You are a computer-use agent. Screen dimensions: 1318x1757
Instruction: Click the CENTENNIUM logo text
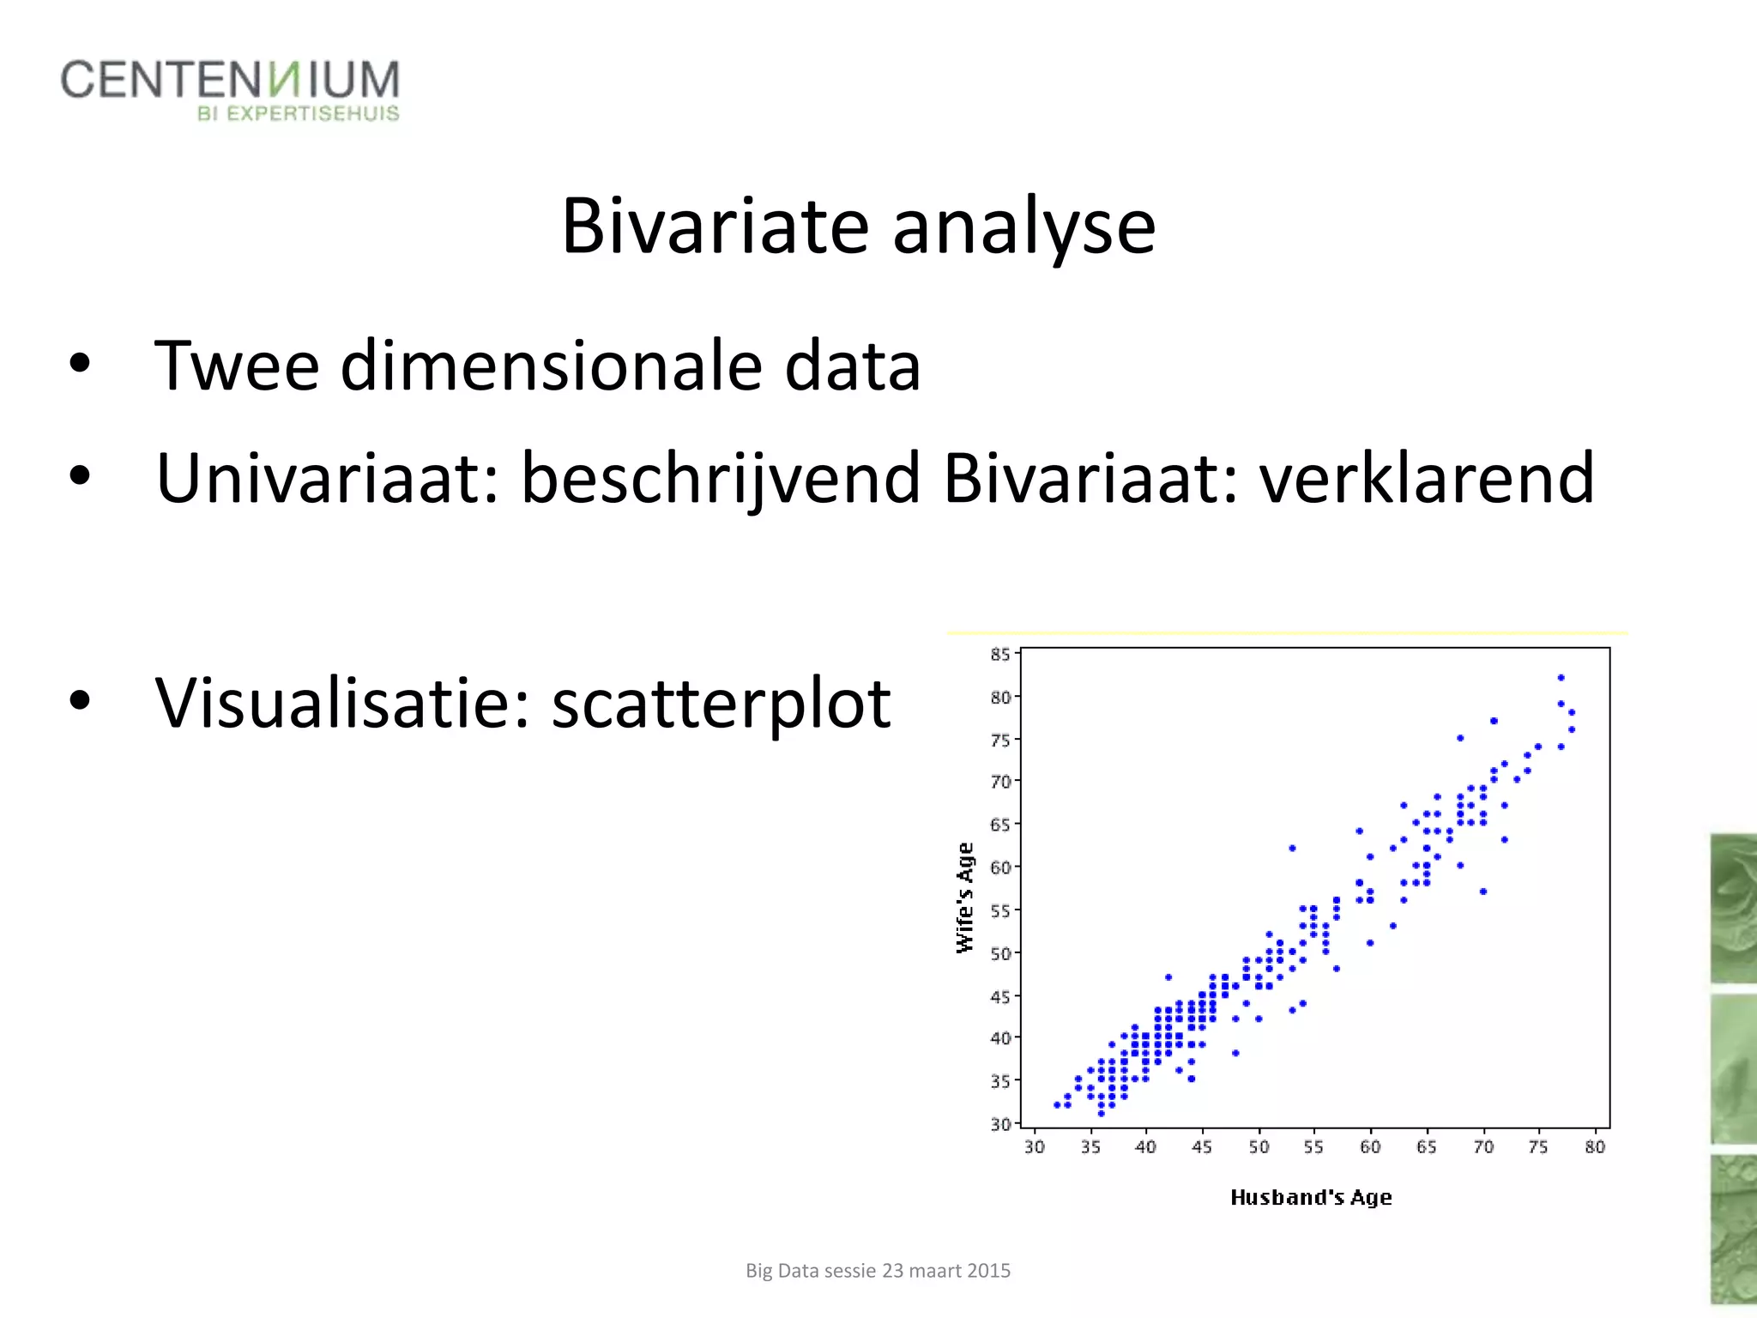[230, 80]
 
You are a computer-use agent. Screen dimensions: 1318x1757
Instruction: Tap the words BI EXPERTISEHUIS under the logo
[298, 114]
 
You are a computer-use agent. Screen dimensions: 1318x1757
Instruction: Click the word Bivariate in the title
[715, 227]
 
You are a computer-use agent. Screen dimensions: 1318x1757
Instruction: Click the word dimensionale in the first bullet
[552, 366]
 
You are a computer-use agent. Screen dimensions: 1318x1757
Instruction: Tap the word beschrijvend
[721, 478]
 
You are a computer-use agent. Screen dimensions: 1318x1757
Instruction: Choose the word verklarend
[1426, 478]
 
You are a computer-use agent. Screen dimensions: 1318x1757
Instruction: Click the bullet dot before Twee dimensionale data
[80, 364]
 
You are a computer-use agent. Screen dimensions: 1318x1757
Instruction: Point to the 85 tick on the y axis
[1000, 655]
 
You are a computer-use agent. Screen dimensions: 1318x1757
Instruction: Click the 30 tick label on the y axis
[1000, 1124]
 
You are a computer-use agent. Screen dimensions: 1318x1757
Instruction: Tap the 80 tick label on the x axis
[1595, 1147]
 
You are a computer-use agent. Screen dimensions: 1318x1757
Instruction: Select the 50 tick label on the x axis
[1259, 1147]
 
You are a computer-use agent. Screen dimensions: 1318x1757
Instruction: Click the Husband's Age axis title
[1311, 1198]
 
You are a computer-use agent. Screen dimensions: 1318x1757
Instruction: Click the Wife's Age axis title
[965, 898]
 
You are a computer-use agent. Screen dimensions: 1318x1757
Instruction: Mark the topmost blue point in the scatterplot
[1561, 678]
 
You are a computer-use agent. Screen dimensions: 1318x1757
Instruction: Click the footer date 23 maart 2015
[946, 1271]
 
